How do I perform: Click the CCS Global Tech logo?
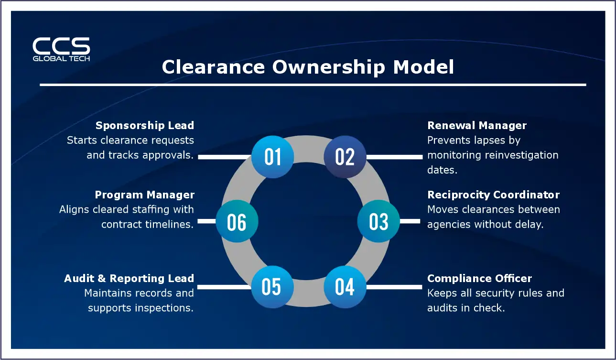point(61,49)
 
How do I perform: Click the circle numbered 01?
point(272,156)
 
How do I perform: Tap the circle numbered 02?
point(345,156)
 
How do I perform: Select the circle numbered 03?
point(379,221)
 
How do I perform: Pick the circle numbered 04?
point(345,286)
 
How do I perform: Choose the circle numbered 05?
point(272,286)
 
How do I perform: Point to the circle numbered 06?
point(237,222)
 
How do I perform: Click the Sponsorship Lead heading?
point(145,126)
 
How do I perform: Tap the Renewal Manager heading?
point(476,126)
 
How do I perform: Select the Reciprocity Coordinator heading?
point(493,195)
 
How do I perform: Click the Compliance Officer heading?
point(479,279)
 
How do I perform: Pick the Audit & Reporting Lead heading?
point(129,279)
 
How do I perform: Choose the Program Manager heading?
point(144,195)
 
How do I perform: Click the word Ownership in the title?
point(328,67)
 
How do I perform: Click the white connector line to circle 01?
point(225,156)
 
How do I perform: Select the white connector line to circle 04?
point(394,287)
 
